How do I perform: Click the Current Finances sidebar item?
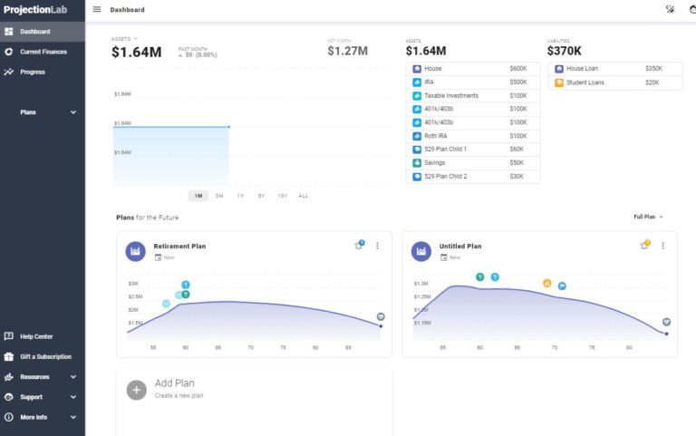coord(43,52)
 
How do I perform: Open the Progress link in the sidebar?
coord(33,72)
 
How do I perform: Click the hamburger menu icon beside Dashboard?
coord(97,10)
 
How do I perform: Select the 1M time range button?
coord(198,196)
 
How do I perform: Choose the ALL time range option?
coord(303,196)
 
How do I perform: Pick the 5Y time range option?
coord(261,196)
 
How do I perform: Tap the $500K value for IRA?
coord(518,82)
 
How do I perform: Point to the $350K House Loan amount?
coord(653,68)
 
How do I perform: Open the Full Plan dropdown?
coord(648,217)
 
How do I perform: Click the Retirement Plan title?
coord(179,246)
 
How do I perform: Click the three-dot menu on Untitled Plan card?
coord(662,246)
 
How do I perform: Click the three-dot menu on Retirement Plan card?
coord(377,246)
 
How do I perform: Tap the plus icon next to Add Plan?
coord(136,390)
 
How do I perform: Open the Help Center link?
coord(36,336)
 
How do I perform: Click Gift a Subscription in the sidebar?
coord(45,356)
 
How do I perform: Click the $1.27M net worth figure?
coord(347,52)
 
